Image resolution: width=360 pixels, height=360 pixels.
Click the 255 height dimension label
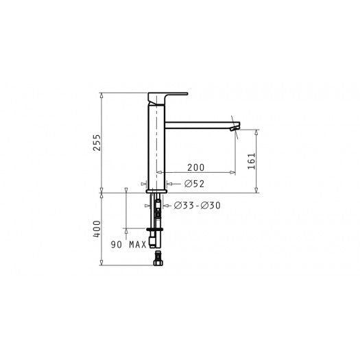97,142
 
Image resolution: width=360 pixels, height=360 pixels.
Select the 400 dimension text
97,228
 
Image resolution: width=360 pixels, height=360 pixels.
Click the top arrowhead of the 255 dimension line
102,95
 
